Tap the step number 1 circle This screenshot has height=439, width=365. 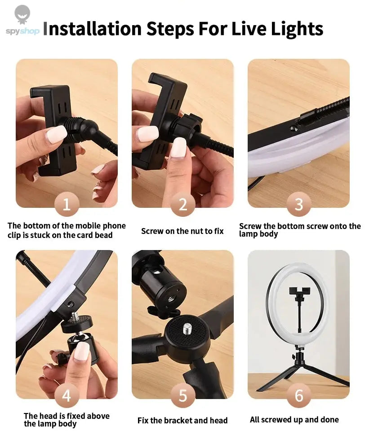pyautogui.click(x=67, y=205)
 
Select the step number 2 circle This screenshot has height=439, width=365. pyautogui.click(x=182, y=205)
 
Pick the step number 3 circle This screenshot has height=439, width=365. pyautogui.click(x=298, y=205)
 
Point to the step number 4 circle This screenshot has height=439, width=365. pyautogui.click(x=67, y=396)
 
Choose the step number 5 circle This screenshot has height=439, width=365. pyautogui.click(x=182, y=396)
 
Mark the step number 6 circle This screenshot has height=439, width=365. pyautogui.click(x=298, y=396)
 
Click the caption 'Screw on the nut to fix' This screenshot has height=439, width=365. pyautogui.click(x=182, y=231)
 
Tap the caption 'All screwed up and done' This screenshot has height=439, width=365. pyautogui.click(x=294, y=420)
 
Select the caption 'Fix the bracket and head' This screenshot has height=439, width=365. pyautogui.click(x=182, y=421)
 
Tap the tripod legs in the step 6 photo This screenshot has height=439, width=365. pyautogui.click(x=299, y=375)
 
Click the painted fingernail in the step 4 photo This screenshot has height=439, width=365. pyautogui.click(x=81, y=351)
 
